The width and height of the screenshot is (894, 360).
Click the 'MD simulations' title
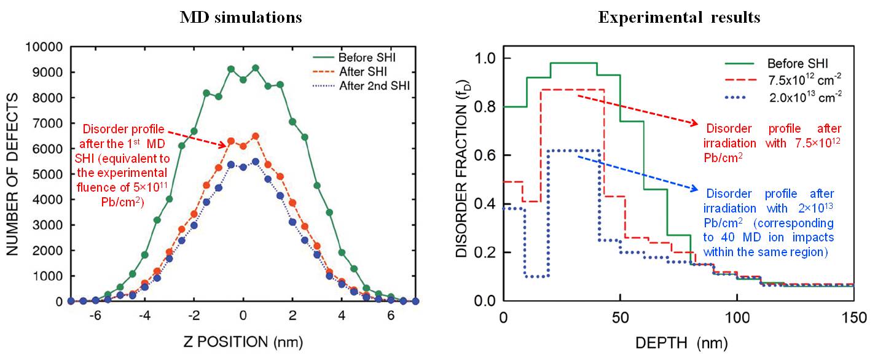pos(240,17)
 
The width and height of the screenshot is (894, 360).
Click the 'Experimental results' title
pos(679,17)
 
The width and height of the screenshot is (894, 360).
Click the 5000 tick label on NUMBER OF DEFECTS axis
pos(46,174)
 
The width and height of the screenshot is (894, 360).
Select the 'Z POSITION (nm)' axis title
pos(243,341)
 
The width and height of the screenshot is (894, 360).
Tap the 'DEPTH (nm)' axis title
pos(679,341)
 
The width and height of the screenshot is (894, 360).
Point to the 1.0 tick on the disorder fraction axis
pos(486,58)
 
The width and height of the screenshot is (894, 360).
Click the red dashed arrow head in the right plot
pos(694,124)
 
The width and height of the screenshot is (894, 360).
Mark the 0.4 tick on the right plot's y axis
pos(486,204)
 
